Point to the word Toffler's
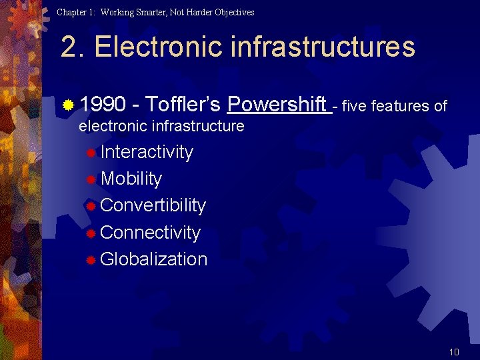(183, 105)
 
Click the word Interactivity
(147, 152)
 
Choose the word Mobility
(131, 179)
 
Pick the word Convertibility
(153, 205)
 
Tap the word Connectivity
(150, 233)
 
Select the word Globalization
(153, 259)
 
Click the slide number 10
(454, 352)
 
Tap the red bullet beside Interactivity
(91, 153)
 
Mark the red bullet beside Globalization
(91, 261)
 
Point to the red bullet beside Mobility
(91, 180)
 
